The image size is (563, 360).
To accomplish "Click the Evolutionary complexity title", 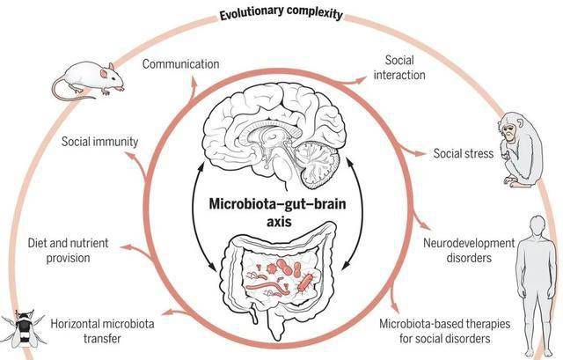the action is pos(281,14).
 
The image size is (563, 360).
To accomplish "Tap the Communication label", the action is pos(180,64).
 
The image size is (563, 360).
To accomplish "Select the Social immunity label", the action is pos(99,141).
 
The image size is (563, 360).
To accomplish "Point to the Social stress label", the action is pos(464,153).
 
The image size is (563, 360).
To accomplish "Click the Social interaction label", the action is pos(399,68).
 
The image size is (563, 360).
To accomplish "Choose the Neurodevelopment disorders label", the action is pos(469,251).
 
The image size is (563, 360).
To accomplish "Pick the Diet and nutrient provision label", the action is pos(68,251).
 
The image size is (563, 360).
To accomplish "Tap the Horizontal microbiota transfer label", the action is pos(102,331).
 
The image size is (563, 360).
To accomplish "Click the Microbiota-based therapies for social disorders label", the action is pos(445,331).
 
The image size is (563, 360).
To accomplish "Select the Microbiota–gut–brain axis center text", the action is pos(278,212).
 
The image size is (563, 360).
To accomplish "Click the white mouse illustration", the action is pos(88,80).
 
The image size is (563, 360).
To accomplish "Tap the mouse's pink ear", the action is pos(104,74).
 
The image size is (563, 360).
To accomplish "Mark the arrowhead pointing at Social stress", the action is pos(420,153).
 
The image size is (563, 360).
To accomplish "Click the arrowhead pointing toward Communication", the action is pos(194,82).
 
